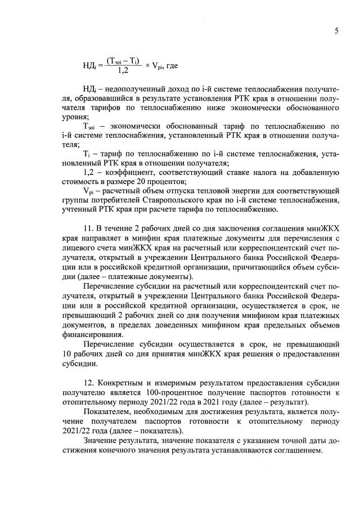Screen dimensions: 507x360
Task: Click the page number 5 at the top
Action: pyautogui.click(x=336, y=31)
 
